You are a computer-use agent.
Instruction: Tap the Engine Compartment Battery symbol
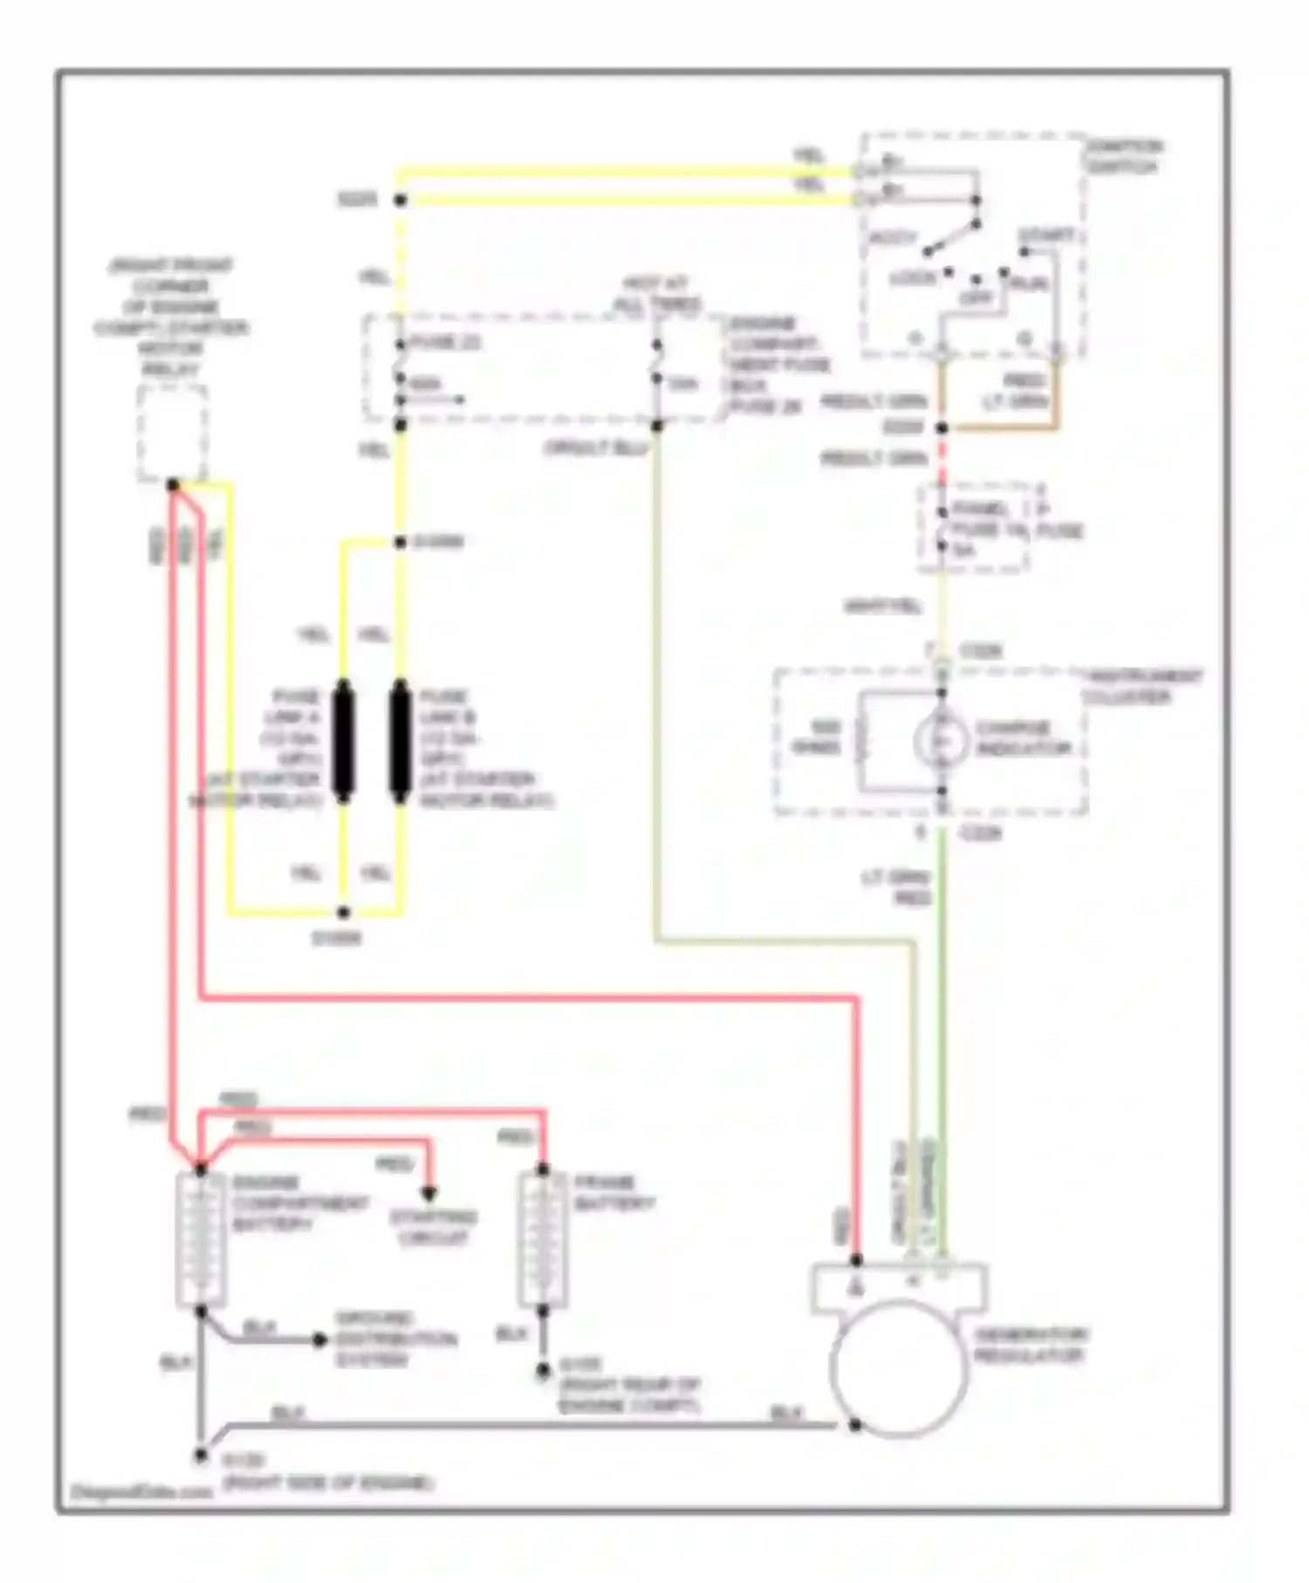pos(201,1239)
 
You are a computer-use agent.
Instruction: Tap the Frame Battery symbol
pos(543,1239)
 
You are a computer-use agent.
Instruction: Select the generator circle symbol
pos(899,1367)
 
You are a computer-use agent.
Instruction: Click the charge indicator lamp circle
pos(941,741)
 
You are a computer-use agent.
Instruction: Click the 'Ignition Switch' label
pos(1124,156)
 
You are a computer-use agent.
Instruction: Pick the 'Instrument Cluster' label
pos(1142,686)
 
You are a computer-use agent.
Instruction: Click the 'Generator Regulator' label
pos(1030,1346)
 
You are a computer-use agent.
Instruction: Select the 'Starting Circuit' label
pos(433,1227)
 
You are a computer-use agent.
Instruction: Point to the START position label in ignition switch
pos(1046,236)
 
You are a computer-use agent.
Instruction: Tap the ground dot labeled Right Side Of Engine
pos(201,1456)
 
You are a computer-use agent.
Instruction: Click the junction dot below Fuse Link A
pos(344,913)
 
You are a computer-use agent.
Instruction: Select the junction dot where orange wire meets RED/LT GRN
pos(942,428)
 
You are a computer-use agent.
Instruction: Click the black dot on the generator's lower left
pos(856,1425)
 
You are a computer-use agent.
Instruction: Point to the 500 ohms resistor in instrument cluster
pos(862,741)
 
